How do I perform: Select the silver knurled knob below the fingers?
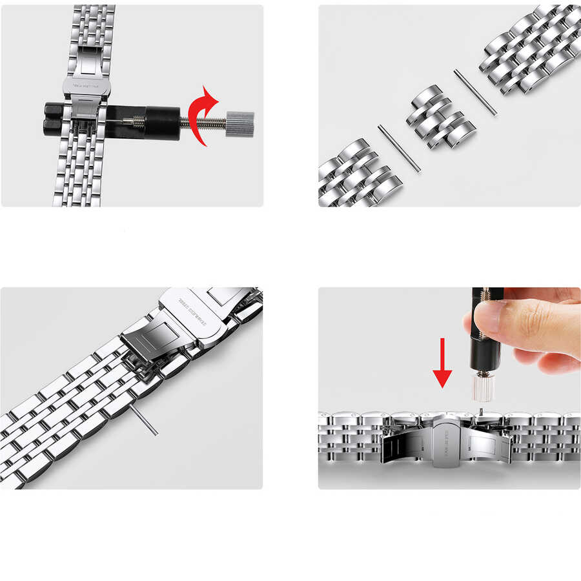(484, 387)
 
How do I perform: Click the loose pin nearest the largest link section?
(474, 92)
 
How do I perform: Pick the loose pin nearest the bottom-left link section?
(399, 148)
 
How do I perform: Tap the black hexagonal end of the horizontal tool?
(52, 116)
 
